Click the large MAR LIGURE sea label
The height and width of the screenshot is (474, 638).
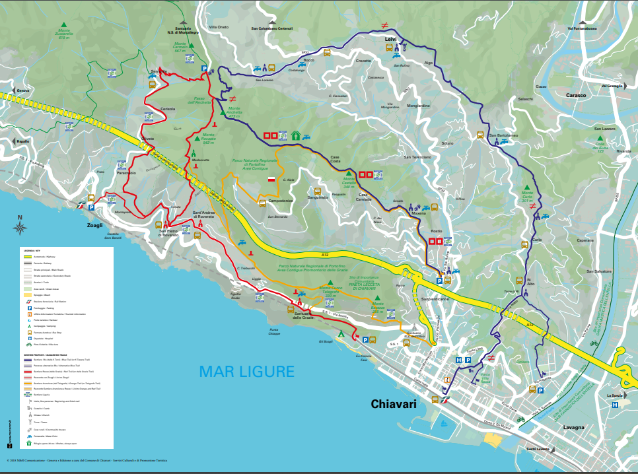tap(246, 372)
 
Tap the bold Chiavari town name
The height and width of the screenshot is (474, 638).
tap(394, 404)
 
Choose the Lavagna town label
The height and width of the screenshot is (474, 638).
tap(574, 427)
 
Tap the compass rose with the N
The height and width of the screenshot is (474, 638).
tap(20, 227)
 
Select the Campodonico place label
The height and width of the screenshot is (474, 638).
tap(281, 200)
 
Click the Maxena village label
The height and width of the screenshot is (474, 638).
tap(418, 213)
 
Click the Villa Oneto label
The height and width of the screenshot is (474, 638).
tap(219, 27)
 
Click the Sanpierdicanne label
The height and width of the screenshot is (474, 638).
tap(435, 298)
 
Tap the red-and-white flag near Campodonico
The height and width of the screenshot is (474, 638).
tap(271, 179)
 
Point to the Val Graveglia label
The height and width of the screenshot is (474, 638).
tap(612, 86)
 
